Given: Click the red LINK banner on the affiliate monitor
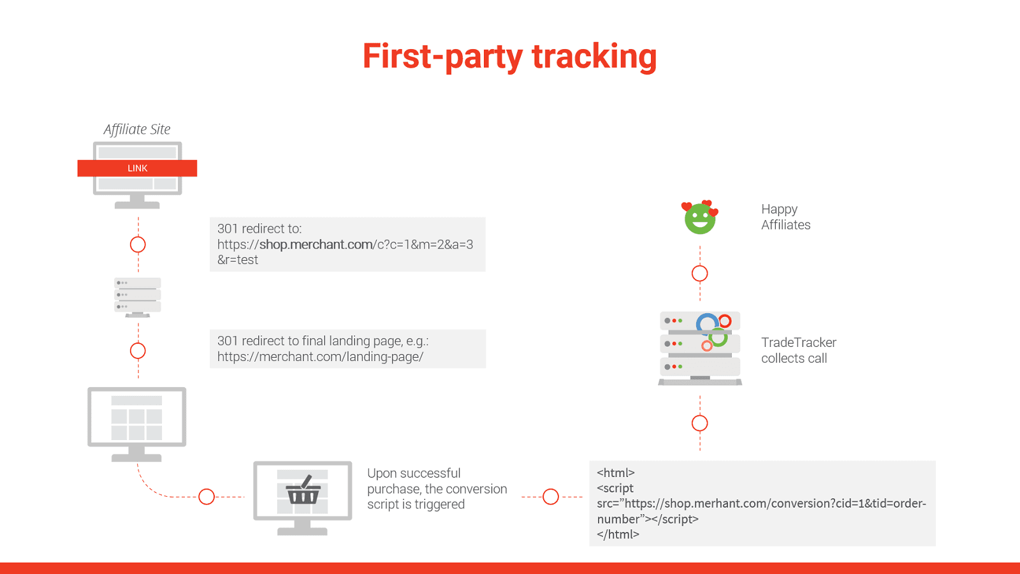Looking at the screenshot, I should click(137, 168).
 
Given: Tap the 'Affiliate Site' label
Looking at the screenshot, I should click(137, 129).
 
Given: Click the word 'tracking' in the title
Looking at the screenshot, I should click(594, 56).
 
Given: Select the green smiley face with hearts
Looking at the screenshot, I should click(700, 218).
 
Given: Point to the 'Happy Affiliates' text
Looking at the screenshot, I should click(785, 217).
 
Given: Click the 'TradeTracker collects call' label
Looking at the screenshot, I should click(798, 350).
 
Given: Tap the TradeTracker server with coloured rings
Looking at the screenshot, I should click(700, 348).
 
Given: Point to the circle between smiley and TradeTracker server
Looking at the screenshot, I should click(700, 274).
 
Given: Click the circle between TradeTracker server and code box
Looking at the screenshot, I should click(700, 423).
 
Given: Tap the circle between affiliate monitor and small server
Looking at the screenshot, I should click(138, 244).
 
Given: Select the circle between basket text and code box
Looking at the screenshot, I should click(551, 497).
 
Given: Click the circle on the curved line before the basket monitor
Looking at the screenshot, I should click(207, 497).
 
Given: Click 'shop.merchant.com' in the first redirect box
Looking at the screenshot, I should click(316, 244).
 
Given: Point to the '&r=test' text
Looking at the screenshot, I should click(238, 260).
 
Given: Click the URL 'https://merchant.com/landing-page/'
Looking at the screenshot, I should click(320, 357).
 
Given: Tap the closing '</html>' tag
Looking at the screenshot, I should click(618, 534).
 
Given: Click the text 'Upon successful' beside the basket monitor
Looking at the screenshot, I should click(414, 473).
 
